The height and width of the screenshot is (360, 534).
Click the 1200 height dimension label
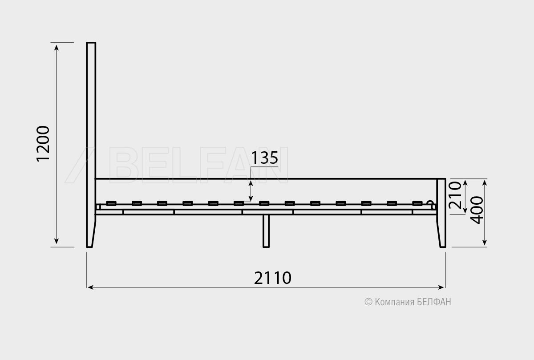pyautogui.click(x=43, y=144)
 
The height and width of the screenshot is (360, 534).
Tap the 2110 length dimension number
pyautogui.click(x=272, y=278)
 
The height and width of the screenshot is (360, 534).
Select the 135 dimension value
pyautogui.click(x=265, y=158)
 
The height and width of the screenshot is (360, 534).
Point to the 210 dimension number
pyautogui.click(x=455, y=195)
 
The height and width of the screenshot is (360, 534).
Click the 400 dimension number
pyautogui.click(x=477, y=210)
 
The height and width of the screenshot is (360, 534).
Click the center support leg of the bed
pyautogui.click(x=266, y=231)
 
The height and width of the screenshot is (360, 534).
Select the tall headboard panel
pyautogui.click(x=91, y=145)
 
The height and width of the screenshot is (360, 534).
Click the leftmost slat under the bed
pyautogui.click(x=111, y=203)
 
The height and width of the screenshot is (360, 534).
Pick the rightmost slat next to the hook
pyautogui.click(x=417, y=203)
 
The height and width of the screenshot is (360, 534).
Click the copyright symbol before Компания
pyautogui.click(x=368, y=302)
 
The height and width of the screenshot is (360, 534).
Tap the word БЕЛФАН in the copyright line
pyautogui.click(x=434, y=302)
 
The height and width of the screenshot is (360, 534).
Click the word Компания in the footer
pyautogui.click(x=395, y=302)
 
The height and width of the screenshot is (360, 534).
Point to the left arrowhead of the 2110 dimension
pyautogui.click(x=90, y=287)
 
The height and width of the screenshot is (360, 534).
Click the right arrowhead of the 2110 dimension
pyautogui.click(x=441, y=287)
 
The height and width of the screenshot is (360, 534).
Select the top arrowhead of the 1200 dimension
pyautogui.click(x=57, y=48)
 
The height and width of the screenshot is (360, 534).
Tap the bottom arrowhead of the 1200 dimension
pyautogui.click(x=57, y=241)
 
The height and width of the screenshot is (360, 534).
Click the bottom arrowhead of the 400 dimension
pyautogui.click(x=485, y=242)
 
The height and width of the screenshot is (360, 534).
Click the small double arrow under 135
pyautogui.click(x=251, y=191)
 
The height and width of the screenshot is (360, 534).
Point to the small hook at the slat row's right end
pyautogui.click(x=431, y=205)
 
